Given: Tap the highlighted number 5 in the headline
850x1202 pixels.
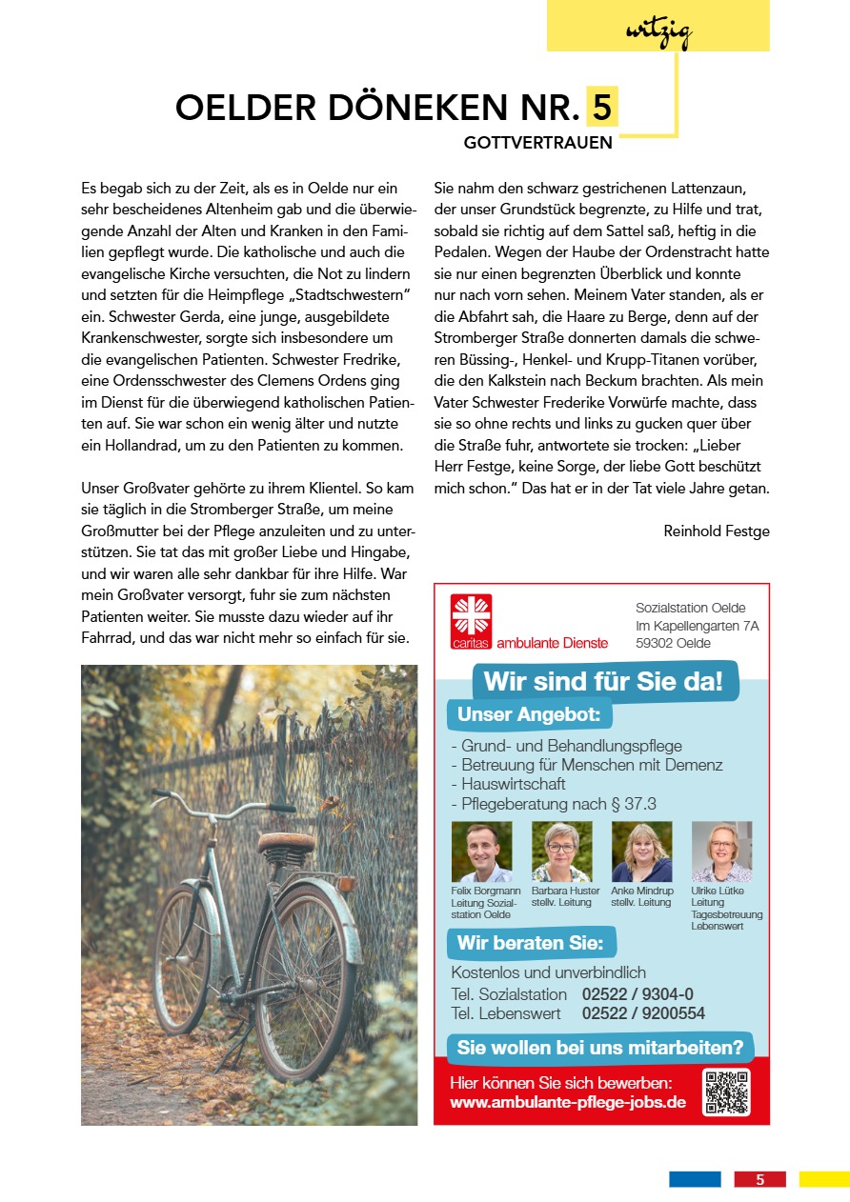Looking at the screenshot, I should click(x=601, y=108).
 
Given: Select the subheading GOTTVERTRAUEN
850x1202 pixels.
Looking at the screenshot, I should click(x=537, y=144).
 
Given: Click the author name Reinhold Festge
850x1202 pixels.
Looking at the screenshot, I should click(x=716, y=531).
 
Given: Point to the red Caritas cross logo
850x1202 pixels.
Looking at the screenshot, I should click(x=472, y=615).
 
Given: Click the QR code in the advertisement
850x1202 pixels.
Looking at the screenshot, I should click(x=726, y=1092).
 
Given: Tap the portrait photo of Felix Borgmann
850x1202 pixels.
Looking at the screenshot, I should click(x=481, y=851).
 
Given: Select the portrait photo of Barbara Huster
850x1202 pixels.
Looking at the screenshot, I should click(x=561, y=851).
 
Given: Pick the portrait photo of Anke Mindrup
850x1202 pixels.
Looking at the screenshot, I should click(x=641, y=851).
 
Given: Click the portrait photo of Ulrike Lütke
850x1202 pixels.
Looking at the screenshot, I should click(x=721, y=851).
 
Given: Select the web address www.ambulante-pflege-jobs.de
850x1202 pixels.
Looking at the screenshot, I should click(x=568, y=1103).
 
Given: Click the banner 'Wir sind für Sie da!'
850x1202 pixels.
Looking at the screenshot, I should click(x=603, y=682).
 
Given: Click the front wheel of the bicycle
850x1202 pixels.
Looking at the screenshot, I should click(x=182, y=957).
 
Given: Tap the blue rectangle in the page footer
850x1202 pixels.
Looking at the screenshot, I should click(x=695, y=1179).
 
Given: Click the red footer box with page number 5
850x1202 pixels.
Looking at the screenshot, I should click(x=759, y=1179).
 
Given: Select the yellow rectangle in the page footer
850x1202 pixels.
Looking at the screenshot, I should click(x=824, y=1179).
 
